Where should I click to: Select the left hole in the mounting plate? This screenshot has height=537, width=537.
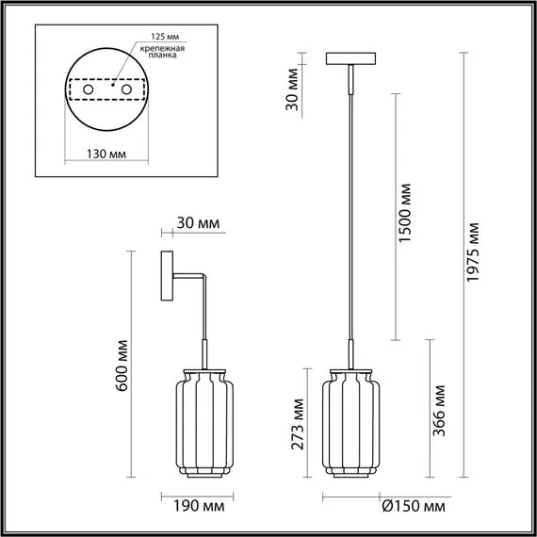(88, 89)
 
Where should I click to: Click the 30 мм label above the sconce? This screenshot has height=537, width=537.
(197, 224)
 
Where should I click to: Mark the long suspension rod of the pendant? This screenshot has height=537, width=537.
(353, 217)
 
